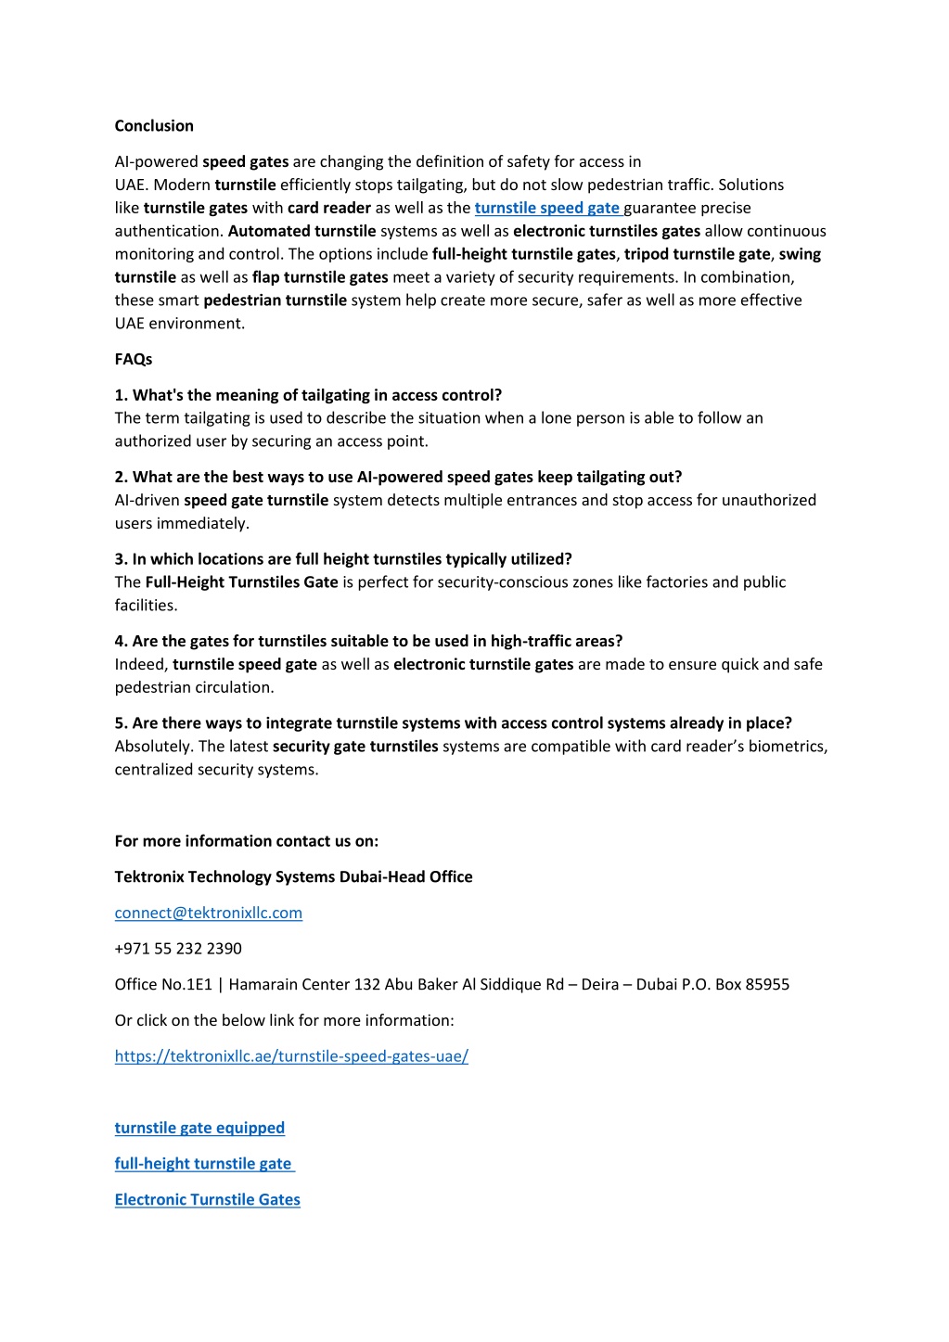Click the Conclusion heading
[154, 126]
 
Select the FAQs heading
[133, 359]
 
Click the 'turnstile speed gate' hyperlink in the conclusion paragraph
[547, 208]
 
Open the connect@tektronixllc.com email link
[208, 913]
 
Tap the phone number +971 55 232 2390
[178, 949]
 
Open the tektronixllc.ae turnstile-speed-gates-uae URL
[291, 1056]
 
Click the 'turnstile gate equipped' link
[199, 1128]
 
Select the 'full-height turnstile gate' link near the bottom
[203, 1164]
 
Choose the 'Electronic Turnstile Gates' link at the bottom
[207, 1200]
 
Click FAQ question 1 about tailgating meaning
[308, 395]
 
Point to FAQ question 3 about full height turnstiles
[343, 559]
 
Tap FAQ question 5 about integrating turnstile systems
[453, 723]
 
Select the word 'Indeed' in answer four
[141, 665]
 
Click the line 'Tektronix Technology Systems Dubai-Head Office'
[293, 877]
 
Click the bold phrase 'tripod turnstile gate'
[697, 254]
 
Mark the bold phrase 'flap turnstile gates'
[320, 277]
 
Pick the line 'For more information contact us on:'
[246, 841]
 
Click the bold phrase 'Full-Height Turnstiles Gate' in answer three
[241, 582]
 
